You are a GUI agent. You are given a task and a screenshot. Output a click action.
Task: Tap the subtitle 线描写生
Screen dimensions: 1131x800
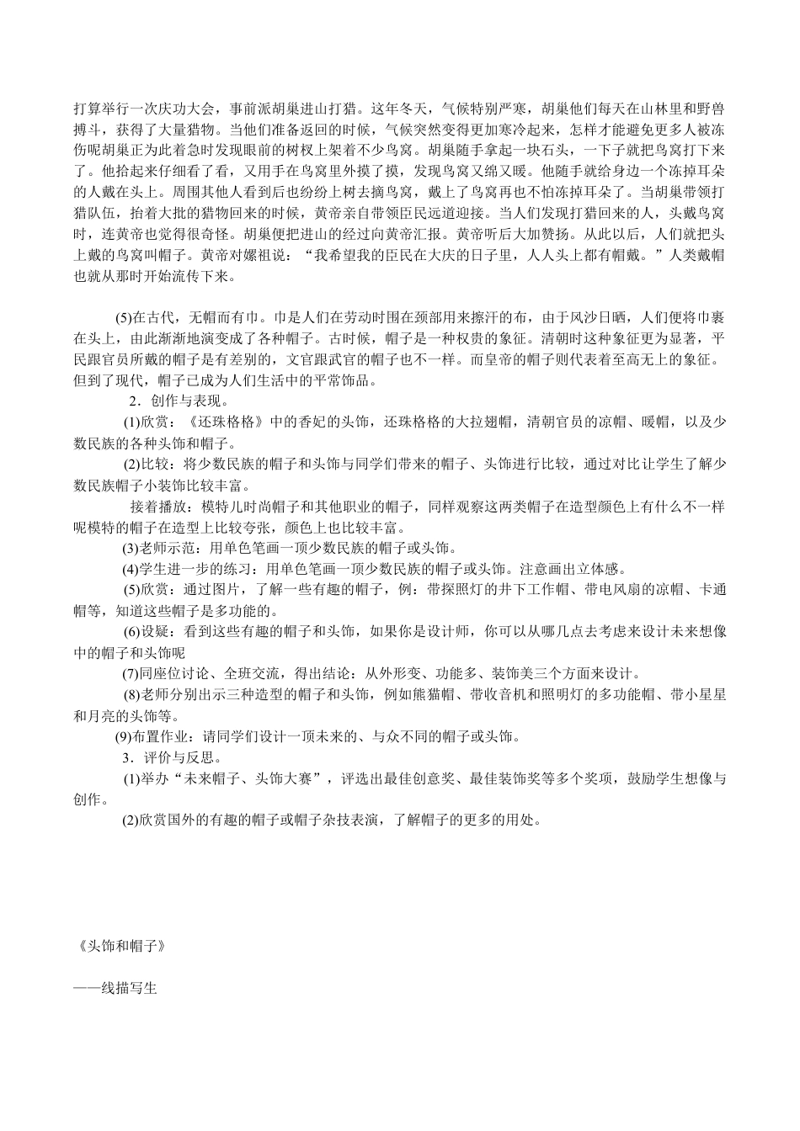pyautogui.click(x=130, y=987)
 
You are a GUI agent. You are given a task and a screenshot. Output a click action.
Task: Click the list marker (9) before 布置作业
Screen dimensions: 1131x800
pyautogui.click(x=125, y=737)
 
